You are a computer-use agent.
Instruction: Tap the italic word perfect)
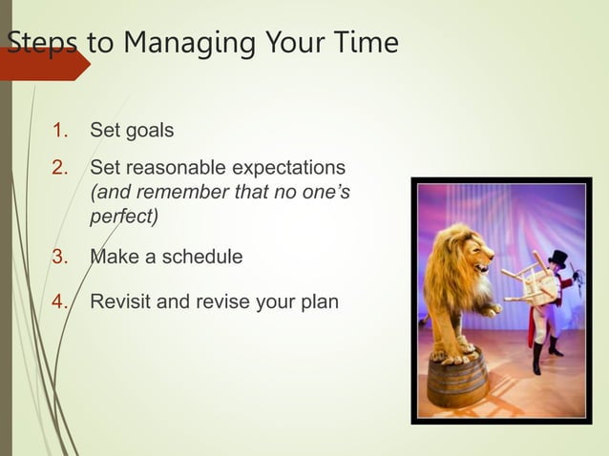[123, 217]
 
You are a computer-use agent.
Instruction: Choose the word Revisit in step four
[121, 303]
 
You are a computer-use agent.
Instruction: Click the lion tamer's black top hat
[556, 259]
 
